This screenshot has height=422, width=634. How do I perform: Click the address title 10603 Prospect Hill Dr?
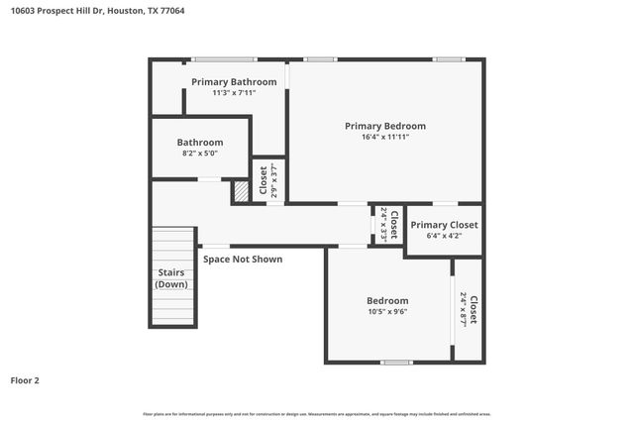(x=96, y=11)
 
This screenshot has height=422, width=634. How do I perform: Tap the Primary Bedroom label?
(x=384, y=126)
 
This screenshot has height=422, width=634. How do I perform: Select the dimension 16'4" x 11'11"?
(x=384, y=137)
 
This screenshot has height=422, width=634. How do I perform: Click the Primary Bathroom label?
(x=234, y=81)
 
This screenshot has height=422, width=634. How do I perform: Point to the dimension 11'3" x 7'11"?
(x=234, y=92)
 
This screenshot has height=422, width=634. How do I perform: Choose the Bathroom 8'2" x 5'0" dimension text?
(x=199, y=154)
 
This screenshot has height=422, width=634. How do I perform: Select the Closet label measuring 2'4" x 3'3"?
(x=388, y=224)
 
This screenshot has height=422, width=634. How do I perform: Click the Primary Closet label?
(x=444, y=225)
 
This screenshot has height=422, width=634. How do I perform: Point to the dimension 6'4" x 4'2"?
(x=444, y=236)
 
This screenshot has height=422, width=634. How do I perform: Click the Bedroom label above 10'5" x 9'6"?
(x=387, y=300)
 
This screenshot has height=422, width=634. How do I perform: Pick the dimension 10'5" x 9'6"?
(x=387, y=311)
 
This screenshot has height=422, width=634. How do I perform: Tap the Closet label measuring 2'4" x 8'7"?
(x=468, y=309)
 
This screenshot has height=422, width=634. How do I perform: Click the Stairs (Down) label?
(x=171, y=278)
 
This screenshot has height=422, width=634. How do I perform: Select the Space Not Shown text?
(x=243, y=260)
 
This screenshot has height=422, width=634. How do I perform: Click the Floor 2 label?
(x=25, y=379)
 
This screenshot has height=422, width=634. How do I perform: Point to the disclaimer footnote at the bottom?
(x=317, y=413)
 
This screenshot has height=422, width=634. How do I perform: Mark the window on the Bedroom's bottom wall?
(x=396, y=363)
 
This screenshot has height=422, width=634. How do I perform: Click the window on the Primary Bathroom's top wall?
(x=224, y=59)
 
